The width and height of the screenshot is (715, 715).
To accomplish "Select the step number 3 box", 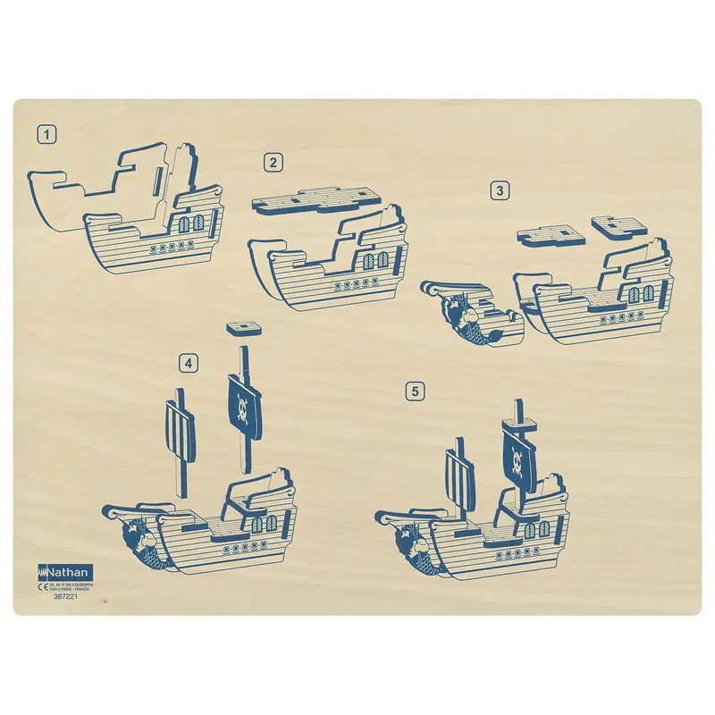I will coord(500,189).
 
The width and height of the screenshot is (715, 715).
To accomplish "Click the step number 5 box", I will coord(413,391).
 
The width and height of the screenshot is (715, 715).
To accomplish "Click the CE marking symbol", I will coord(42,588).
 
